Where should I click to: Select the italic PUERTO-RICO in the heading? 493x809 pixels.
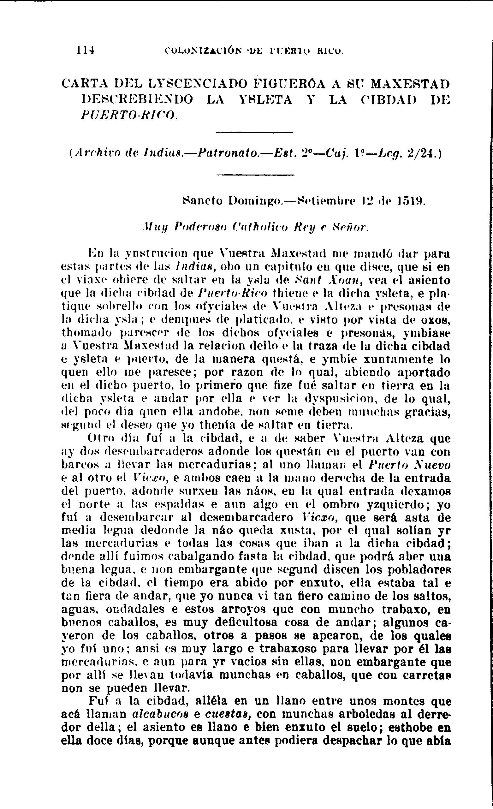(x=129, y=115)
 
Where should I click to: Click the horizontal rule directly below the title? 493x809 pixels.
(x=254, y=133)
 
